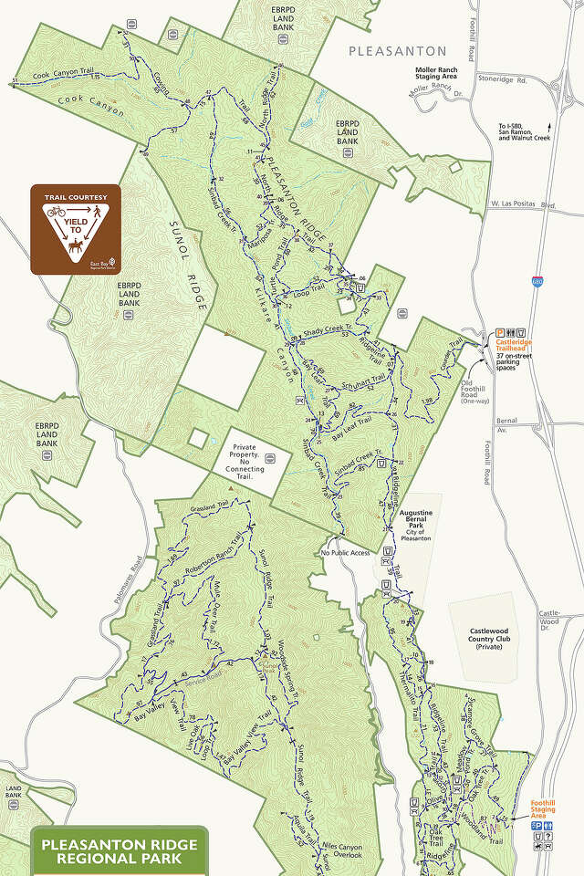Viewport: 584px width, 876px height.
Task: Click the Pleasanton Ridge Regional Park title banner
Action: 120,851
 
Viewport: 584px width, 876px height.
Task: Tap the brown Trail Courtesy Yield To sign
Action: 76,229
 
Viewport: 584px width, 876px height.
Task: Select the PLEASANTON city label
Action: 398,51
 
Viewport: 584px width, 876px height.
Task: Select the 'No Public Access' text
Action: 346,553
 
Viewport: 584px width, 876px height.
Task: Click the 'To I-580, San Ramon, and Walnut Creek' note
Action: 524,132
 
